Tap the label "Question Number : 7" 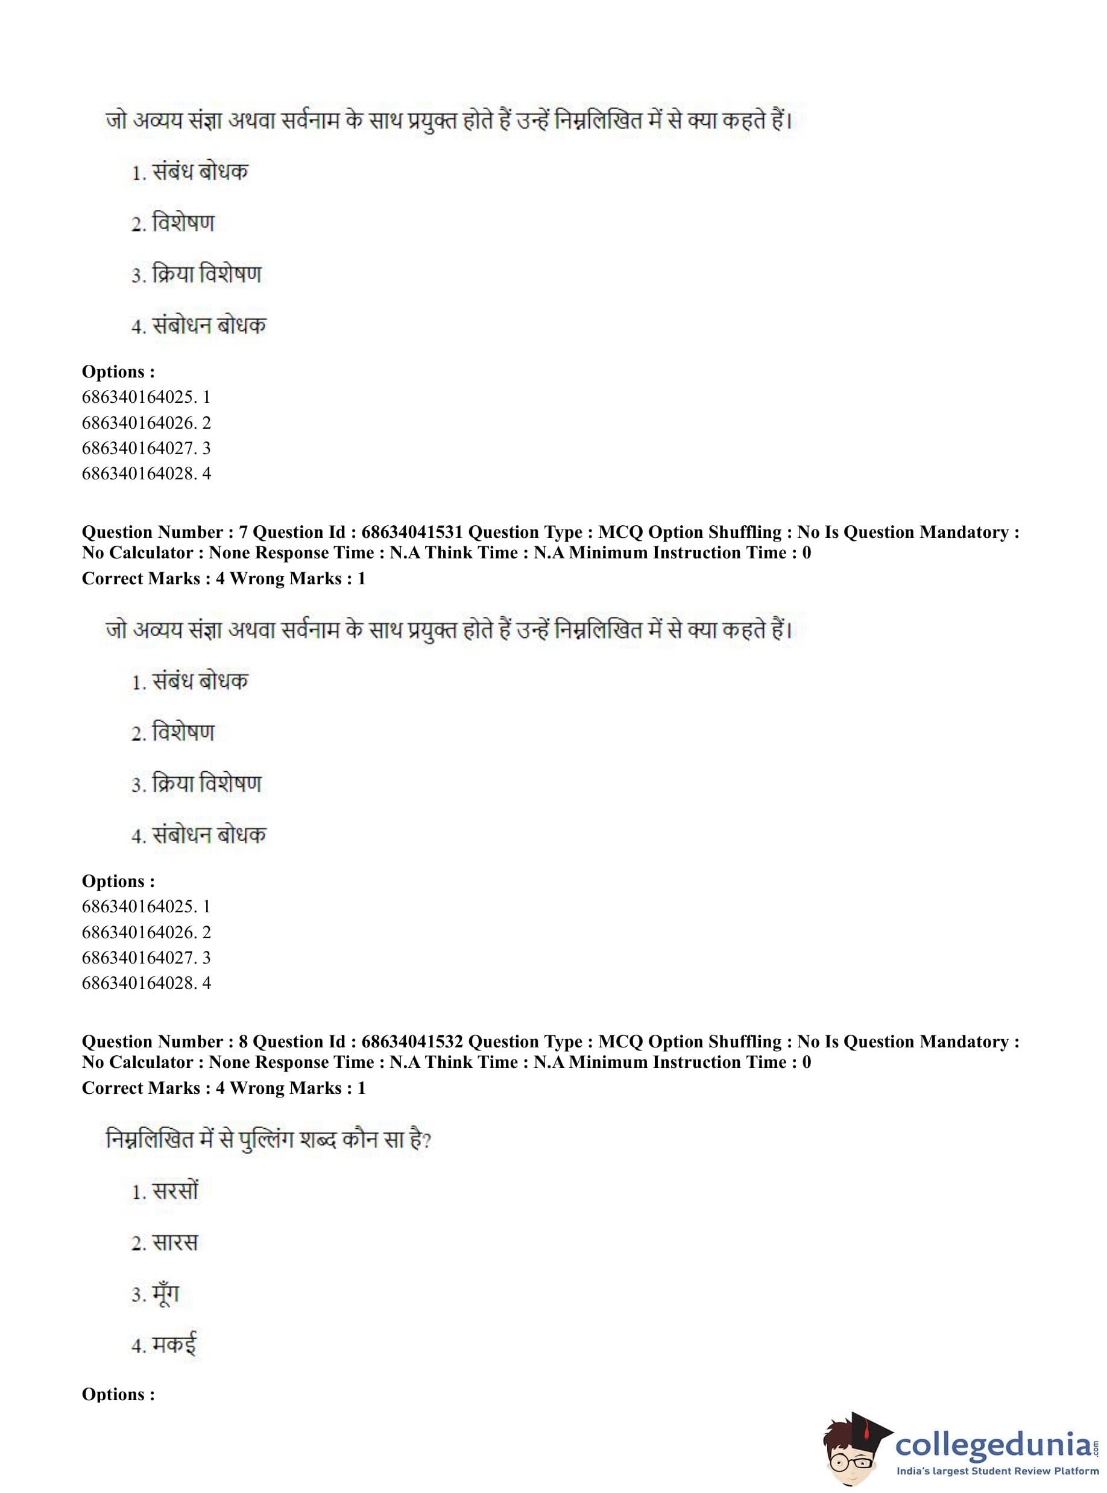(164, 532)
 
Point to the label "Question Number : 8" (164, 1041)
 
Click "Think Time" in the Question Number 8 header (471, 1062)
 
